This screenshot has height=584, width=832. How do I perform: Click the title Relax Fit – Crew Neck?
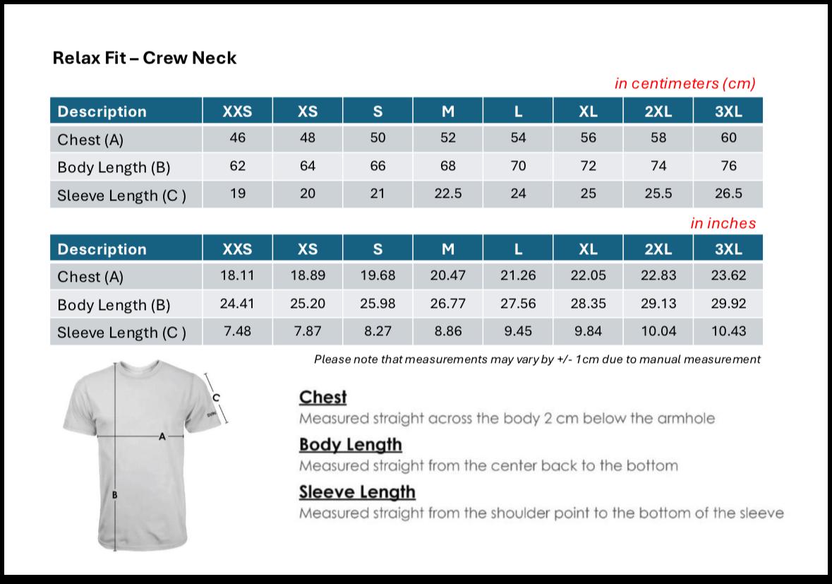point(145,58)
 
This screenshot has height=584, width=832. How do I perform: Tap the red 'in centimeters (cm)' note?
point(685,83)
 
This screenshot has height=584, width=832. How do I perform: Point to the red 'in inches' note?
point(723,223)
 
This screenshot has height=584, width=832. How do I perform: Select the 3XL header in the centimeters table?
point(728,112)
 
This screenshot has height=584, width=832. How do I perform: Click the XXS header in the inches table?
point(237,249)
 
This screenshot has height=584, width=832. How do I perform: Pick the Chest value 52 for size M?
point(448,138)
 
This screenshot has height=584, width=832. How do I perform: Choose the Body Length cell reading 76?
point(728,166)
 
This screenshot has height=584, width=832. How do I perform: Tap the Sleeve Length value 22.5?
point(448,193)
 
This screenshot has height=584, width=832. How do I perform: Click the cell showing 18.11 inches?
point(237,275)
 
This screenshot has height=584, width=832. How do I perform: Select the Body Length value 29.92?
point(728,304)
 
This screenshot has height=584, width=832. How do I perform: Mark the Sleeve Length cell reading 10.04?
point(658,331)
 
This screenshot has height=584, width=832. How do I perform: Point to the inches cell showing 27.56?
point(518,304)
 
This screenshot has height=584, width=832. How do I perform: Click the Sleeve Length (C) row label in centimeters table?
point(121,195)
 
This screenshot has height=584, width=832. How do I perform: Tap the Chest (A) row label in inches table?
point(90,277)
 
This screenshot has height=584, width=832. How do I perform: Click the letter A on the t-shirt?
point(162,437)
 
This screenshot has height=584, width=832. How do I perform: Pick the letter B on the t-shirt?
point(115,496)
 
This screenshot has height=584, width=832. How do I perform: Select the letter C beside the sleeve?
point(217,398)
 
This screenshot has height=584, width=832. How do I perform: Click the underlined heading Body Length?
point(350,445)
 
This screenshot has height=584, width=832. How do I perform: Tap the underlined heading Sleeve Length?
point(357,491)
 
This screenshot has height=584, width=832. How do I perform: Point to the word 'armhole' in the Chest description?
point(686,418)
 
